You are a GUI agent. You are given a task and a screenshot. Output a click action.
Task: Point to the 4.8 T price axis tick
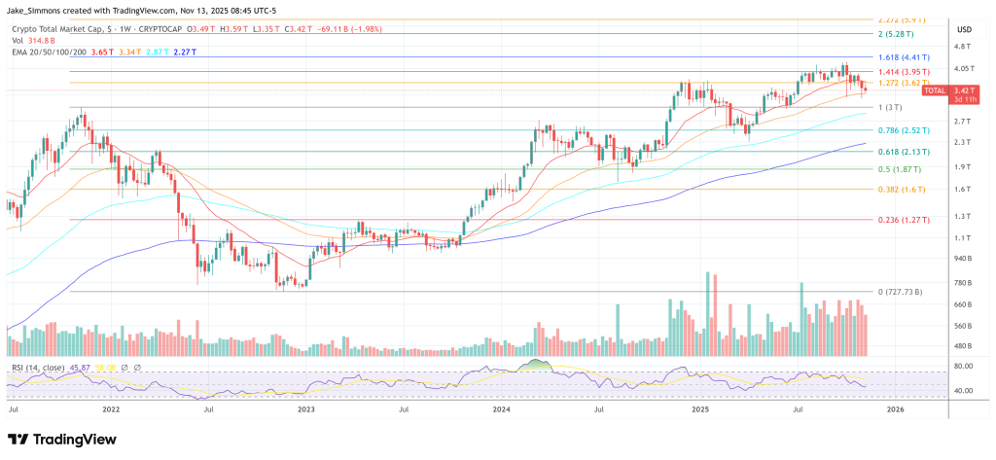tap(963, 47)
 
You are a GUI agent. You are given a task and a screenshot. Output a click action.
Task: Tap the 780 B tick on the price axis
tap(963, 282)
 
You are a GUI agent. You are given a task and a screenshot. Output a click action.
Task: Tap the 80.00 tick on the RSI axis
tap(963, 367)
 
